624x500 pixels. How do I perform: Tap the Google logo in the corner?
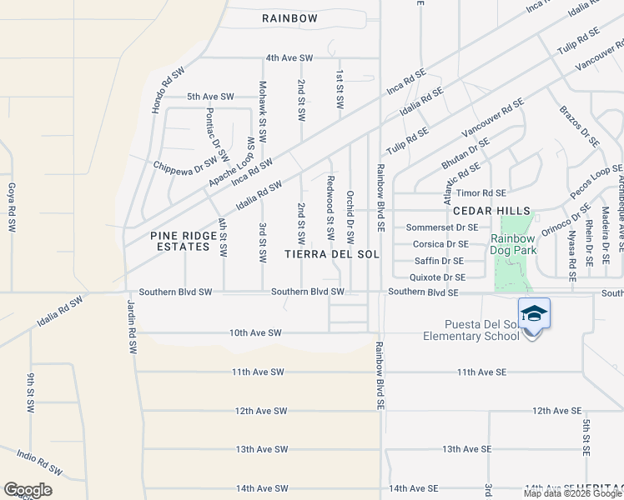pyautogui.click(x=28, y=489)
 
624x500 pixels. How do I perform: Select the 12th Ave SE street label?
pyautogui.click(x=556, y=410)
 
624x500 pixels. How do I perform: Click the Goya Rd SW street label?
pyautogui.click(x=12, y=207)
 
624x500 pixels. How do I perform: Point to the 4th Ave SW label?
pyautogui.click(x=289, y=57)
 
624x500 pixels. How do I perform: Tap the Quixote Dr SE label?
pyautogui.click(x=437, y=277)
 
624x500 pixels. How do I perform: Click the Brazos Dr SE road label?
pyautogui.click(x=579, y=127)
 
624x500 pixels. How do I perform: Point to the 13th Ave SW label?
pyautogui.click(x=261, y=448)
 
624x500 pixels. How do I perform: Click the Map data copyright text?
pyautogui.click(x=572, y=493)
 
